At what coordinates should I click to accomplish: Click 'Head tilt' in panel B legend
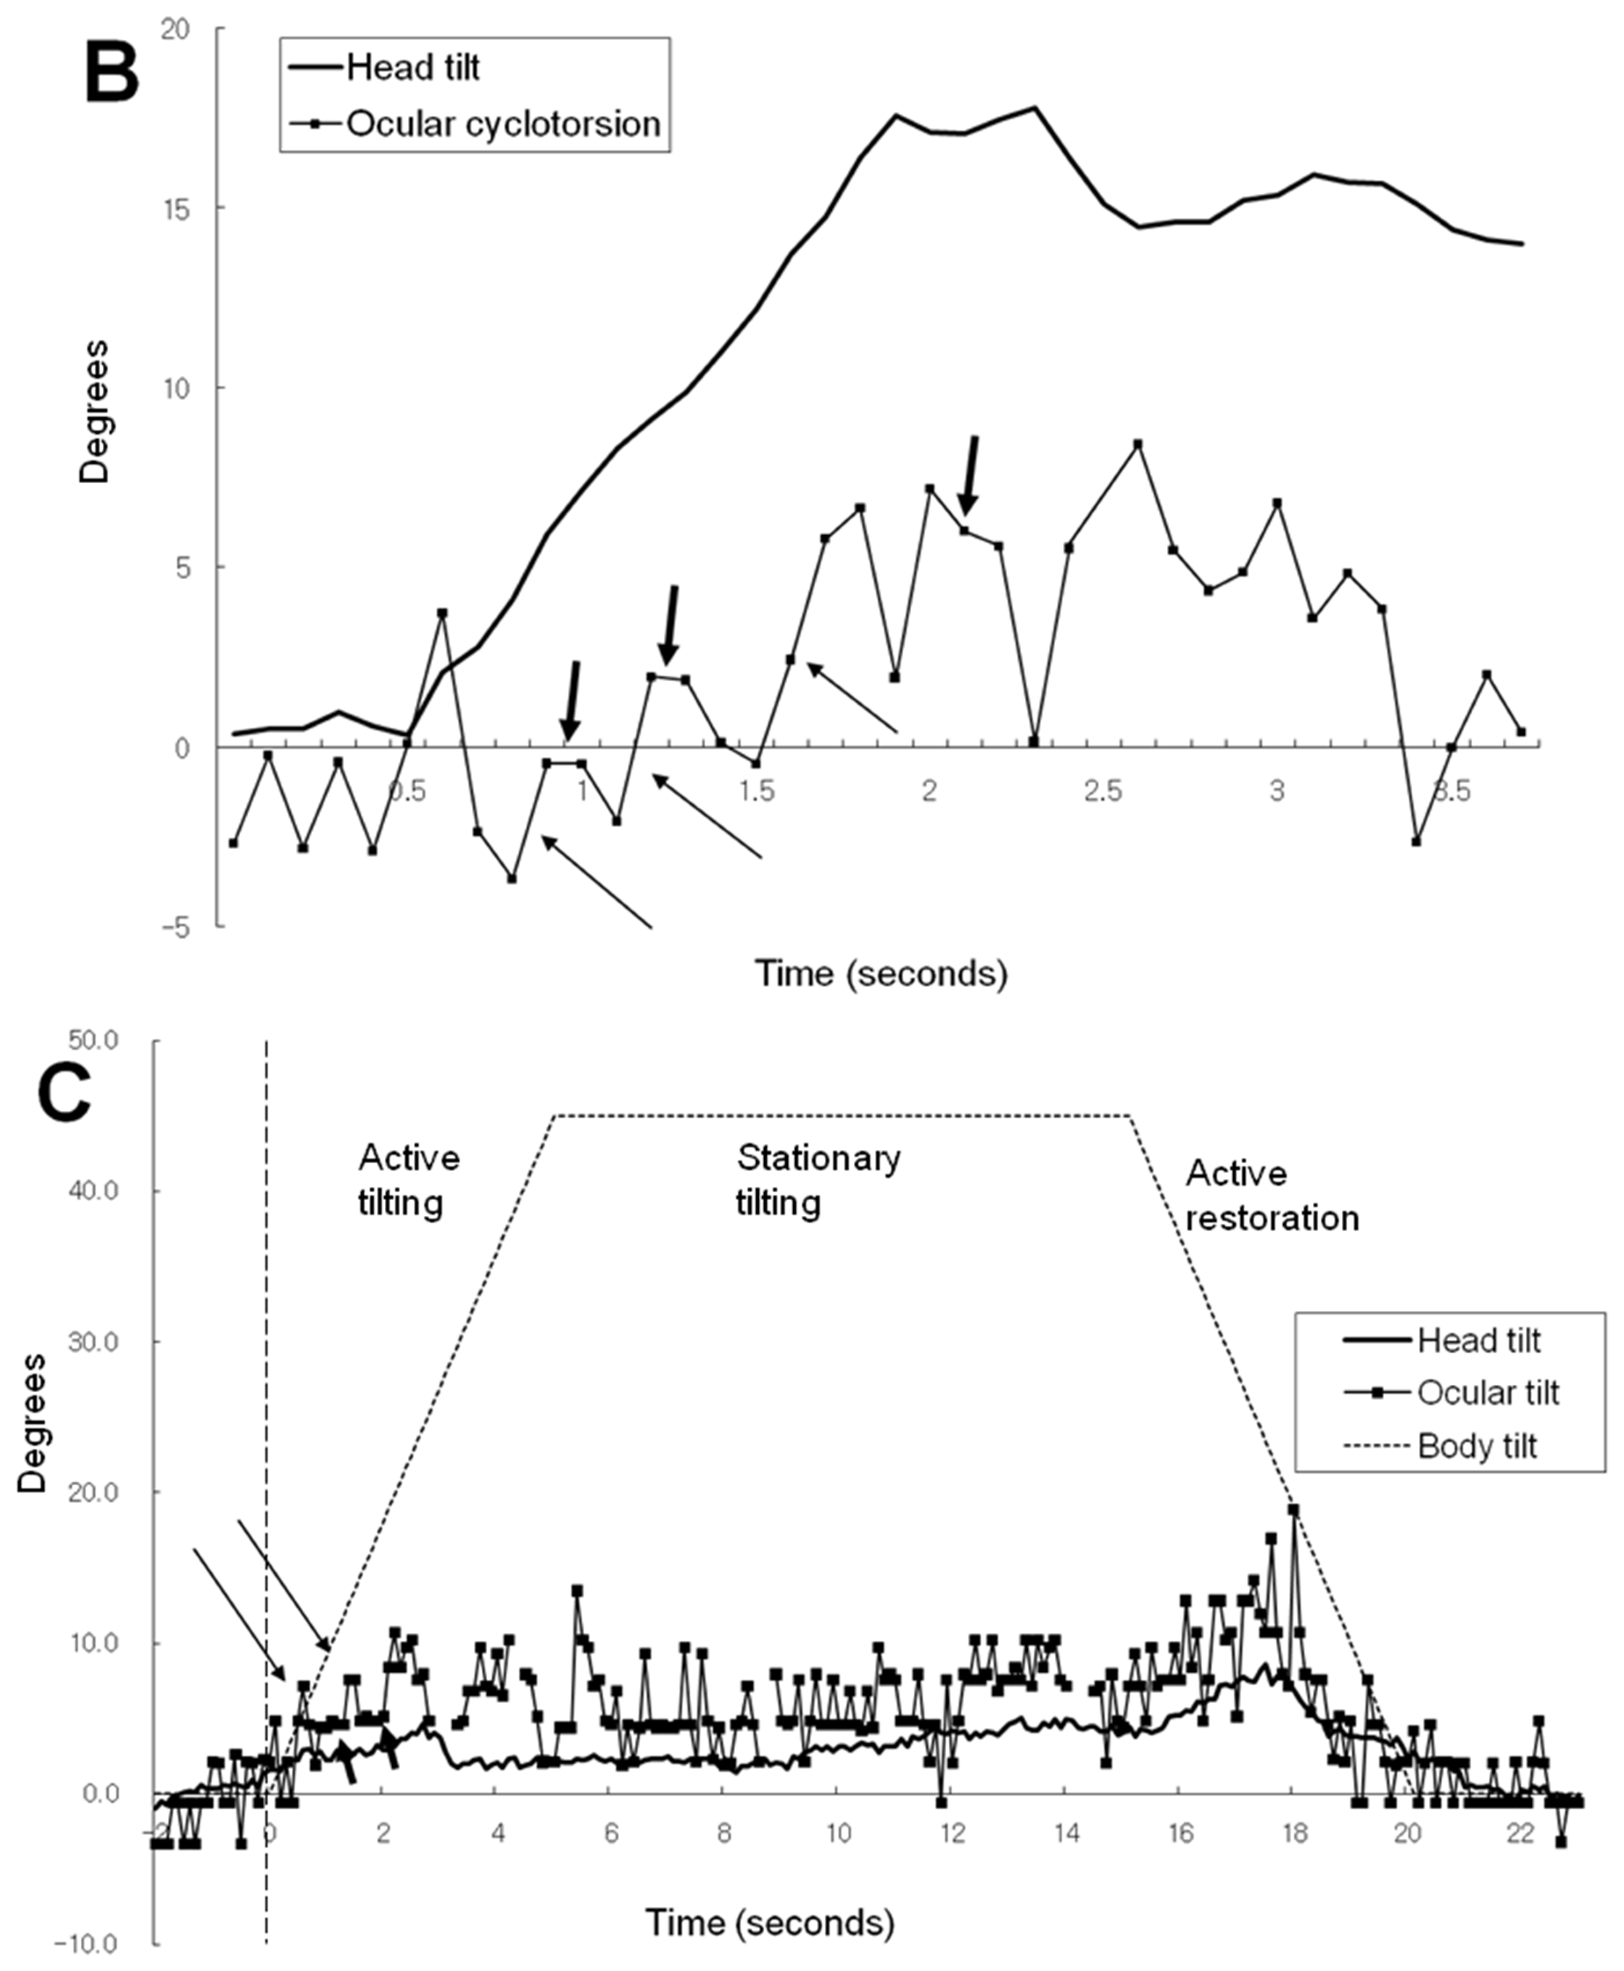tap(413, 67)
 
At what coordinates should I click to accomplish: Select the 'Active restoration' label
tap(1271, 1196)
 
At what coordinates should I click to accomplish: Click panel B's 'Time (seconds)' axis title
tap(881, 974)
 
